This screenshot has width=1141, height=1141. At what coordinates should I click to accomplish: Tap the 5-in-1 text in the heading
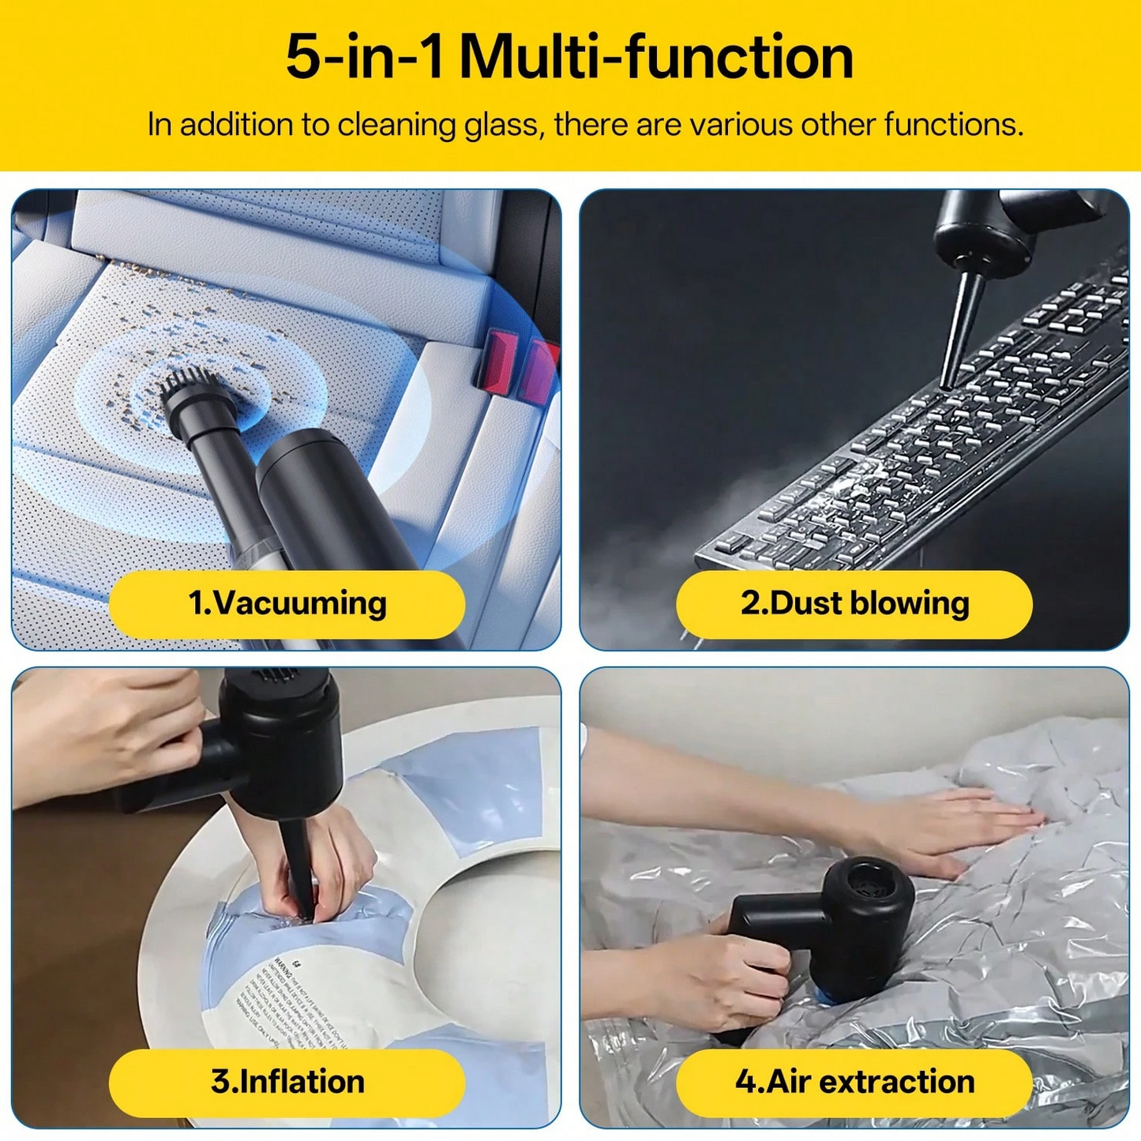(365, 57)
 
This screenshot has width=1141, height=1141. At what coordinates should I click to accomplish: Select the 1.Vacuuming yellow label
(287, 604)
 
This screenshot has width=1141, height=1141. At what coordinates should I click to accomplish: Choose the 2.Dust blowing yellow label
(854, 604)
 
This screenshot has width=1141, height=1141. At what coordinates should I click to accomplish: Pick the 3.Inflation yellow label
(287, 1082)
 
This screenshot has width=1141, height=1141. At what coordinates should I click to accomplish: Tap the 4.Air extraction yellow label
(854, 1082)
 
